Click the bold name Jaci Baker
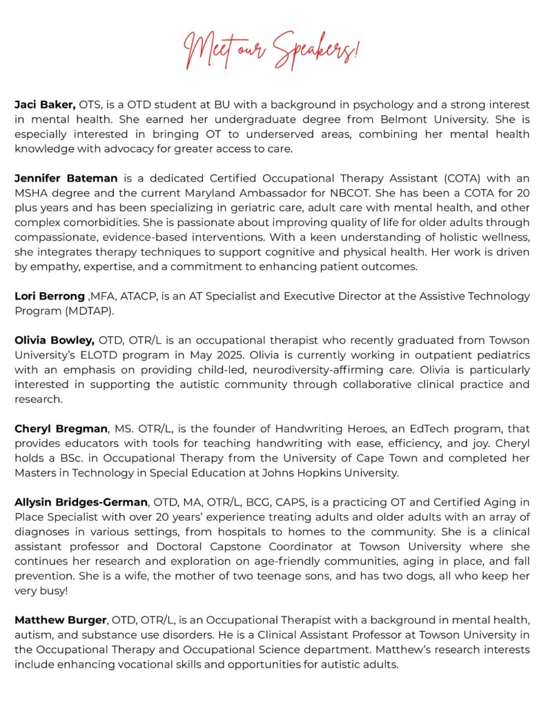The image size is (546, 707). pyautogui.click(x=45, y=105)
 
